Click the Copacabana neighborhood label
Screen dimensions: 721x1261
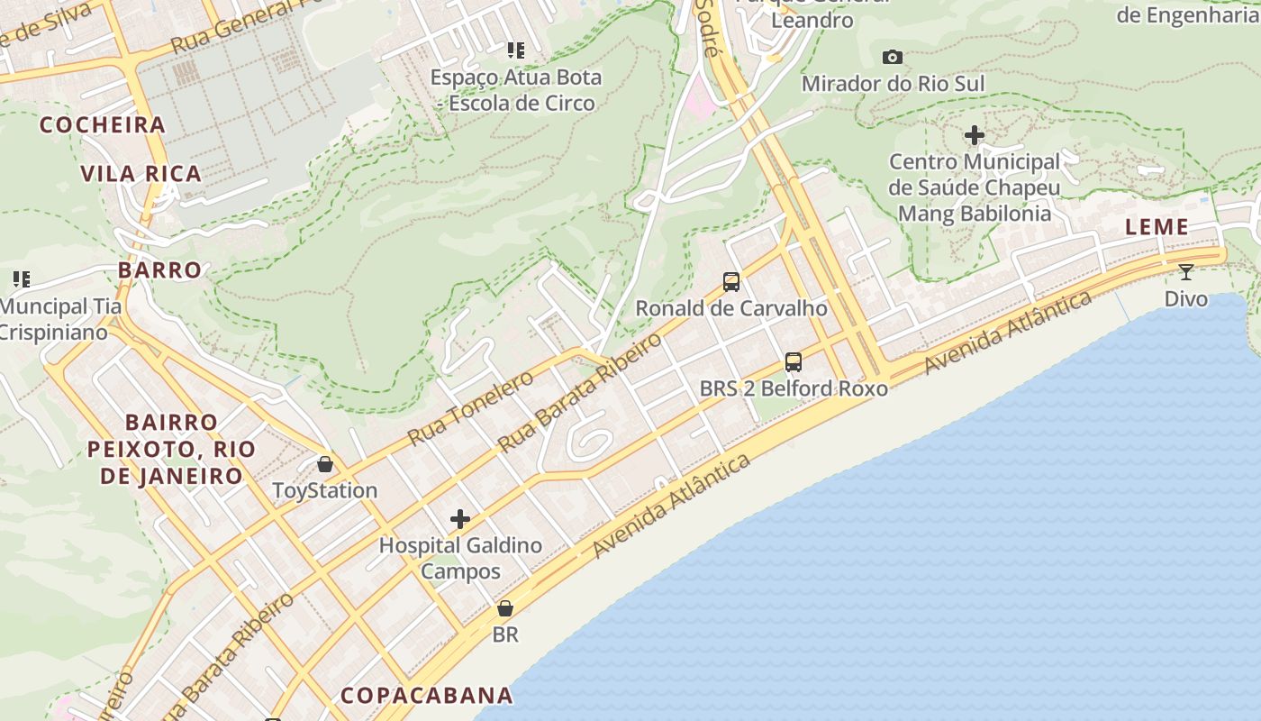coord(426,695)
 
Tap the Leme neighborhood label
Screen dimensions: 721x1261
coord(1157,227)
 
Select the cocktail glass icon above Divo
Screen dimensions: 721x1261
coord(1186,271)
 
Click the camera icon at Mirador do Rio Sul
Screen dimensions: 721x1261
coord(893,58)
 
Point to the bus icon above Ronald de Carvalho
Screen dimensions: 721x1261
coord(731,282)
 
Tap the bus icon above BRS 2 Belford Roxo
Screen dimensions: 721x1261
coord(794,362)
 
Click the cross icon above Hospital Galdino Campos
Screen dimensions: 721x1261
coord(460,519)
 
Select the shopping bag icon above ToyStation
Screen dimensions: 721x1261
coord(325,464)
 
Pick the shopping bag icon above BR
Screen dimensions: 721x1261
coord(505,608)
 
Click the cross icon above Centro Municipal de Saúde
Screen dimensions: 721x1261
coord(974,136)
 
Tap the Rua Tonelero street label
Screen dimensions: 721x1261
coord(470,408)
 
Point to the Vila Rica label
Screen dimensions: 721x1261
coord(141,174)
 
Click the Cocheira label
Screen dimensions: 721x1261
coord(103,125)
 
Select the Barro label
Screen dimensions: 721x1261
coord(159,269)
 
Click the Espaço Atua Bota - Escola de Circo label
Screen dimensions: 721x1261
coord(515,90)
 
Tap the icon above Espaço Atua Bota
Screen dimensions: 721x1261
coord(515,50)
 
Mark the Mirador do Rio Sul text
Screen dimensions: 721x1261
coord(893,84)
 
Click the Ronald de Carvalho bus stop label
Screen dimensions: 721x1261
coord(731,308)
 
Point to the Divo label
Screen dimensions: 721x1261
coord(1186,298)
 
